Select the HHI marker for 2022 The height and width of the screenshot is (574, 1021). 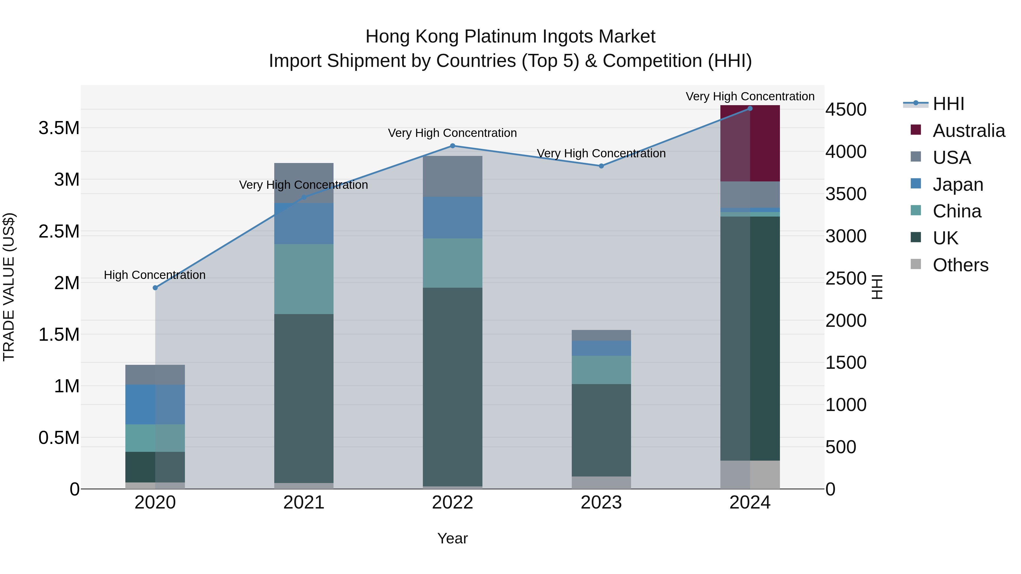[453, 146]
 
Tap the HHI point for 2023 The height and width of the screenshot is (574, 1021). [601, 166]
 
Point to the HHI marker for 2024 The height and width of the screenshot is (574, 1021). [750, 109]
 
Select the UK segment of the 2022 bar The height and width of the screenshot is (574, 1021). [453, 386]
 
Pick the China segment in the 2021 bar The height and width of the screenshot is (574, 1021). [304, 279]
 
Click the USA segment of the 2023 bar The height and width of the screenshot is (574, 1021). [601, 335]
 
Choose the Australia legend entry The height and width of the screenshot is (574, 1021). [969, 131]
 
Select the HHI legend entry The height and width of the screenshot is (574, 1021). [948, 104]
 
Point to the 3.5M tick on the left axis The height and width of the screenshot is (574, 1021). [59, 128]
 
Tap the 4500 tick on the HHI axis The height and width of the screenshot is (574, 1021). [846, 110]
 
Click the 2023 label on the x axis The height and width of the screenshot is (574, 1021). [601, 503]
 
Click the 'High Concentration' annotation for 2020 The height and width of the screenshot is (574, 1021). [155, 275]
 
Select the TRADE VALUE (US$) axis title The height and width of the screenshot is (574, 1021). [9, 287]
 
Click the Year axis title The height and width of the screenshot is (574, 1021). [453, 538]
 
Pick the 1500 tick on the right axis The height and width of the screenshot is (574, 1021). [846, 363]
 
